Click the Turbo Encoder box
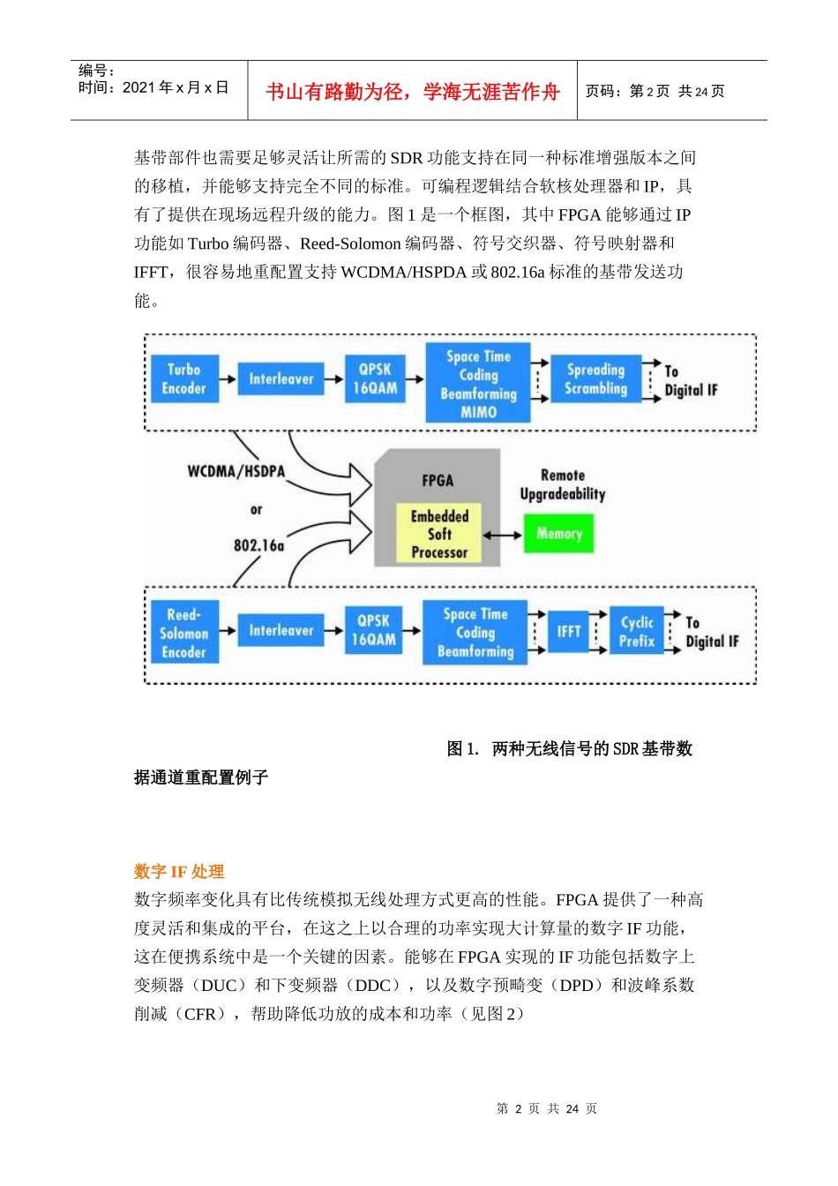183,379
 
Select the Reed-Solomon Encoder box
183,633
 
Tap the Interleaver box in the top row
281,379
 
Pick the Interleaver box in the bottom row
281,630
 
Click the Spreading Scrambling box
595,379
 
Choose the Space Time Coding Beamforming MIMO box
478,383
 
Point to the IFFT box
569,631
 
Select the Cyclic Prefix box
637,631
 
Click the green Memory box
559,533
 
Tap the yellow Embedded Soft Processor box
439,534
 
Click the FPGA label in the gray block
438,480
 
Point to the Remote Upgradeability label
563,484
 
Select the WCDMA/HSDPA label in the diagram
236,471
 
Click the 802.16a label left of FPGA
258,545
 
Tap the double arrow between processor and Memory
503,535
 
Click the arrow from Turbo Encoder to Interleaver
228,379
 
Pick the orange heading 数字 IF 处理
179,872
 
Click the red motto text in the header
412,92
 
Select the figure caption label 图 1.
462,749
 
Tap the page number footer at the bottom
547,1109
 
